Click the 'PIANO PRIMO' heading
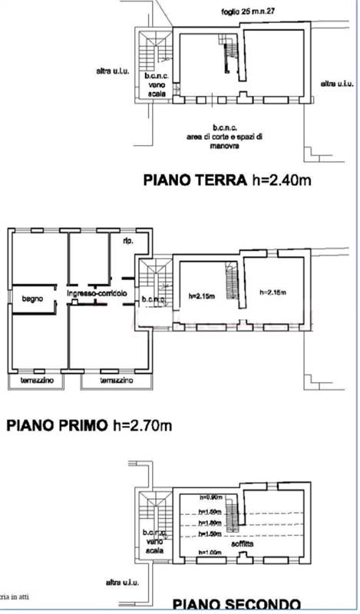56,424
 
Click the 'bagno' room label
32,297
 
